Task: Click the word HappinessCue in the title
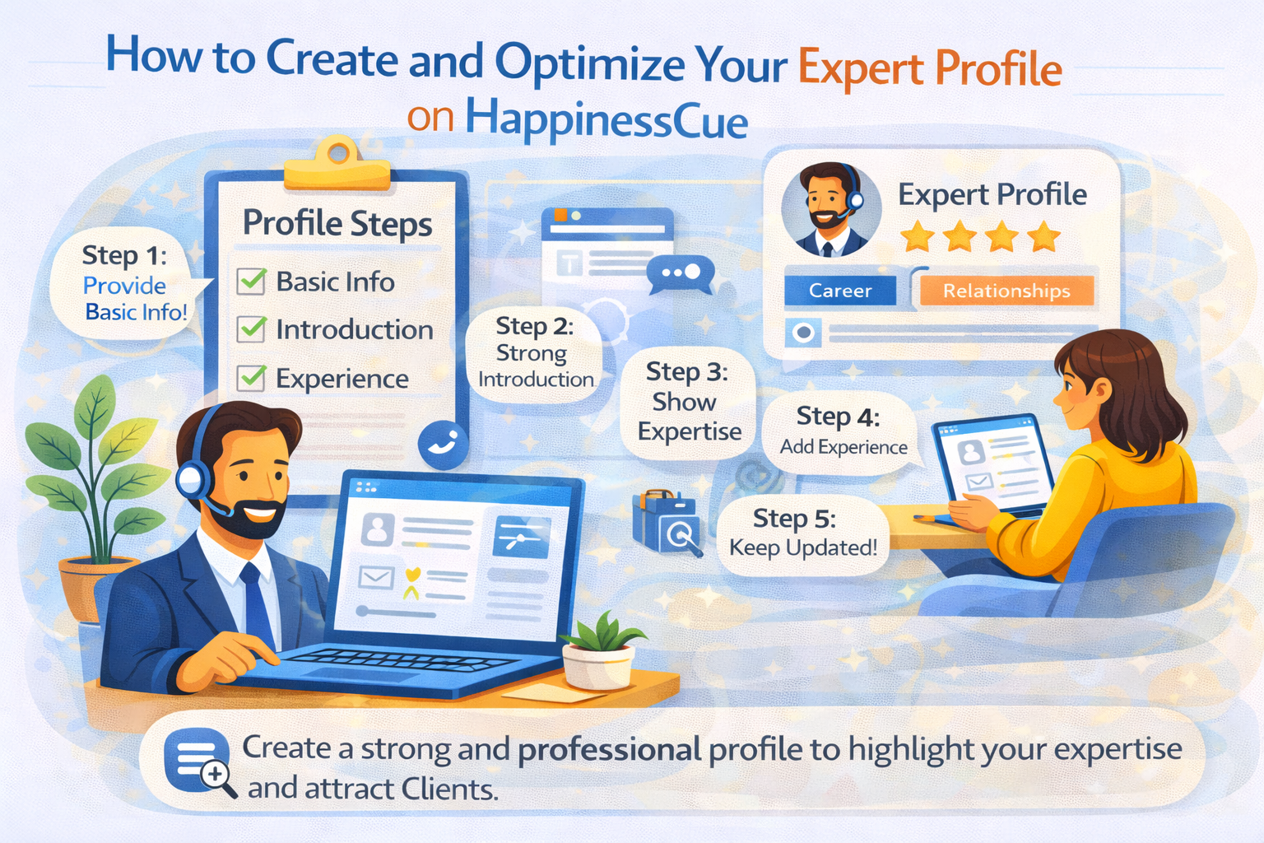(x=606, y=120)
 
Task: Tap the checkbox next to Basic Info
(x=251, y=281)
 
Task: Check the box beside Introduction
(x=251, y=329)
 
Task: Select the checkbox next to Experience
(x=251, y=378)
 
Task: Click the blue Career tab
(x=839, y=291)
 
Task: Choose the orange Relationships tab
(x=1006, y=291)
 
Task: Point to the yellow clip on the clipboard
(x=337, y=165)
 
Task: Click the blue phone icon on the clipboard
(x=443, y=445)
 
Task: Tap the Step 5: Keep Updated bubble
(x=802, y=533)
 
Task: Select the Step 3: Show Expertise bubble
(x=688, y=402)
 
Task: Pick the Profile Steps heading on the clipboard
(x=337, y=224)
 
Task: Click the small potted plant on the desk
(x=600, y=654)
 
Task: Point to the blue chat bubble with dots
(x=680, y=274)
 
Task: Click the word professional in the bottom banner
(x=610, y=749)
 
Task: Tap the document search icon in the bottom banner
(x=198, y=761)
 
